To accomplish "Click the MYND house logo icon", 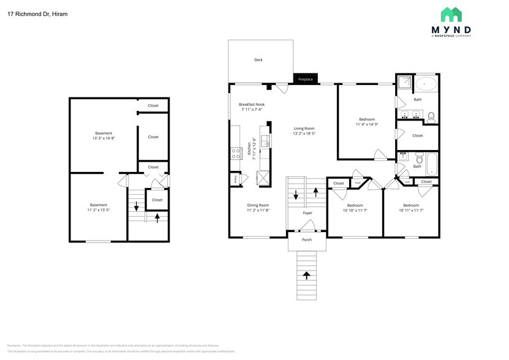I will [451, 15].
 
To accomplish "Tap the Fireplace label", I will [305, 80].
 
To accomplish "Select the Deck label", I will [258, 60].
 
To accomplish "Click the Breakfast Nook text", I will [251, 105].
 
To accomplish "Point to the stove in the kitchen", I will [236, 153].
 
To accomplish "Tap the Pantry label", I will [236, 179].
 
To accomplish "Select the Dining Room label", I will [258, 205].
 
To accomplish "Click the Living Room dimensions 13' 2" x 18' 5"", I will [304, 133].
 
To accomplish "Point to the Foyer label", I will [307, 213].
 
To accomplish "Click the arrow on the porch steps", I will [307, 276].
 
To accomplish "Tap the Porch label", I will [307, 239].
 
